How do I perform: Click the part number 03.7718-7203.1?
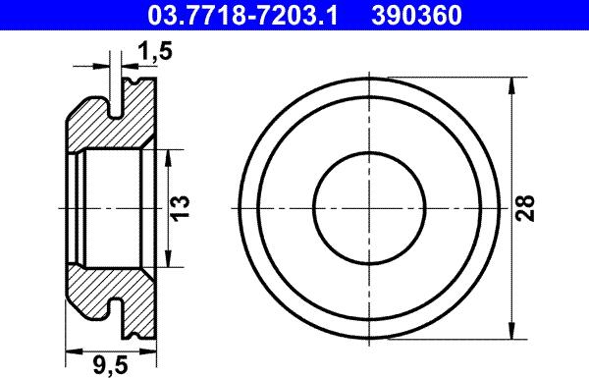(242, 15)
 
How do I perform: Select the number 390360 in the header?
(416, 15)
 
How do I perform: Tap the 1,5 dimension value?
(155, 51)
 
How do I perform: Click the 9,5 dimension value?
(110, 365)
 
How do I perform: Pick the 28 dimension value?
(525, 207)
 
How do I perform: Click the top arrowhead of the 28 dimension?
(511, 86)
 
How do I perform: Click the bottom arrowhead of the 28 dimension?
(511, 330)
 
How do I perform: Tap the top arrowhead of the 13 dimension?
(168, 158)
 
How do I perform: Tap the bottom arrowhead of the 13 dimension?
(168, 259)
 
